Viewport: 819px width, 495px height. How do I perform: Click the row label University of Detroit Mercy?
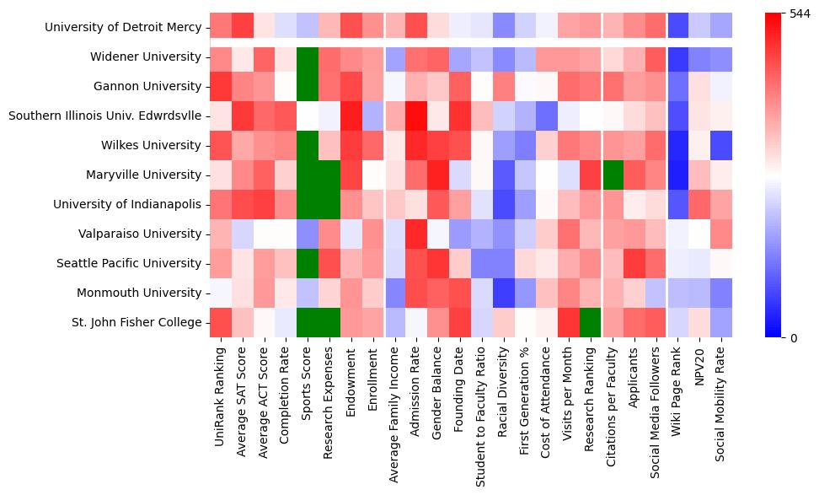(x=123, y=28)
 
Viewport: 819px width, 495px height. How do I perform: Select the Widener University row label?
(x=147, y=57)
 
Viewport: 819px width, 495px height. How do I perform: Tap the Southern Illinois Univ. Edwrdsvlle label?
(x=105, y=116)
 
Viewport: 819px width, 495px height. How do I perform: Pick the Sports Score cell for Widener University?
(x=308, y=57)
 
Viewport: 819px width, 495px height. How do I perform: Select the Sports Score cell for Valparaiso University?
(x=308, y=234)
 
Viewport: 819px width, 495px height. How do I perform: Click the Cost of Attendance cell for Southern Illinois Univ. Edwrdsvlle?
(x=549, y=116)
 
